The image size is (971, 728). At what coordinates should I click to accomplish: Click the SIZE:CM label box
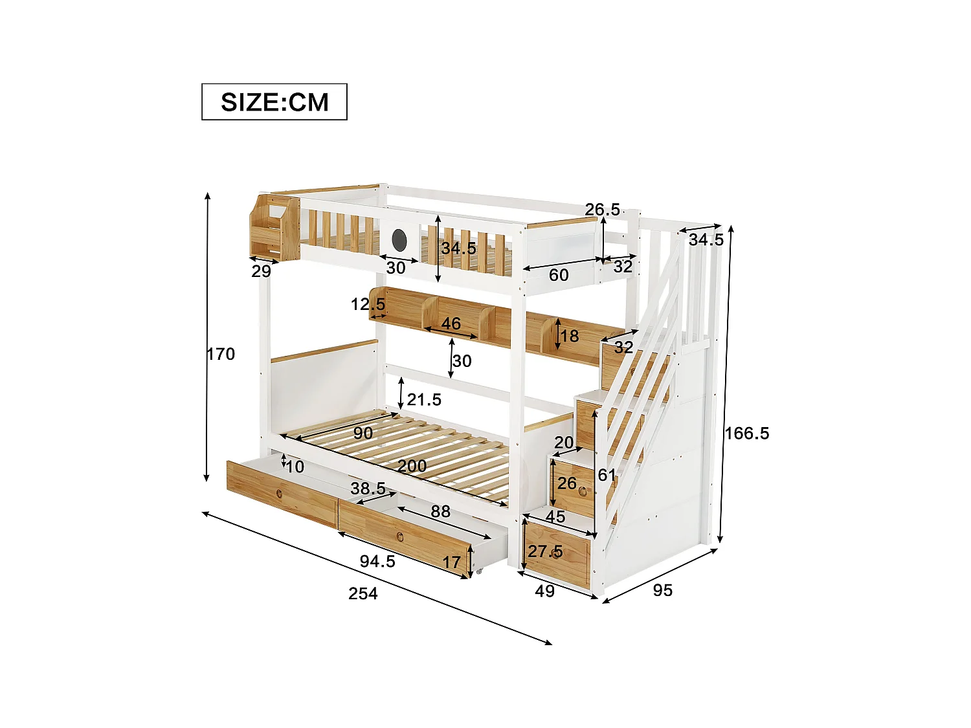[274, 102]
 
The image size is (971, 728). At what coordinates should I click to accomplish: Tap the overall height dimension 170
[221, 354]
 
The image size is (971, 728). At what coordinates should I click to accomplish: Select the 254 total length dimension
[363, 593]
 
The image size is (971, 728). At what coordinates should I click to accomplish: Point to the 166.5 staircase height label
[747, 433]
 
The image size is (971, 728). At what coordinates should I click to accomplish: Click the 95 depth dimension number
[662, 590]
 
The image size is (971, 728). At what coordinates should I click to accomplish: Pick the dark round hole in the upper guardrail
[399, 240]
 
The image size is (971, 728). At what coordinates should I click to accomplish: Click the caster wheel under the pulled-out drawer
[479, 571]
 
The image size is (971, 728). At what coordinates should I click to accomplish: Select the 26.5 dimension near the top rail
[602, 210]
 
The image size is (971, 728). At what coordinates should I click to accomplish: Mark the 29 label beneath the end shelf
[261, 271]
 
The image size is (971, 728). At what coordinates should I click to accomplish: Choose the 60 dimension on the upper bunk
[559, 275]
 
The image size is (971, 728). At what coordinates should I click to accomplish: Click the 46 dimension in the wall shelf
[451, 323]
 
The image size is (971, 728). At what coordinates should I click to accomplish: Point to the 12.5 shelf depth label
[368, 304]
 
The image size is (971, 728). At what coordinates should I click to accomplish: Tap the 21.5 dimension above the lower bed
[424, 400]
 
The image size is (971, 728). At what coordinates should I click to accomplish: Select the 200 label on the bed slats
[412, 466]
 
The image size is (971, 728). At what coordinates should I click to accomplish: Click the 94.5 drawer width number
[377, 561]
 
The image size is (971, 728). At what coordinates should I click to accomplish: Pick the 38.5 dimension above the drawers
[368, 489]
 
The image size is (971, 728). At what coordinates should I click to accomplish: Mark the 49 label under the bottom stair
[544, 591]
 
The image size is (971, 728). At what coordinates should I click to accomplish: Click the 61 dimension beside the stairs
[607, 475]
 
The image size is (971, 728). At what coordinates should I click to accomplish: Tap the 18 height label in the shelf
[569, 336]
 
